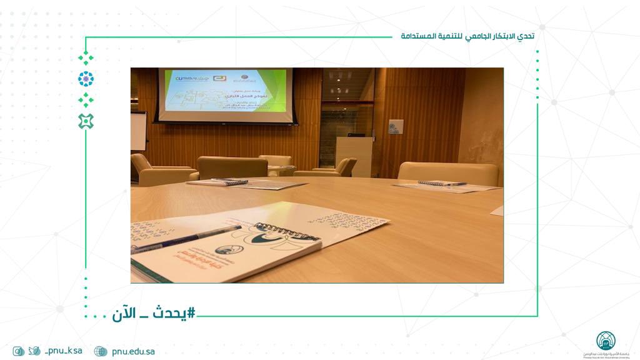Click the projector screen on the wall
[x=226, y=91]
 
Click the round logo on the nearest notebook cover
[x=226, y=249]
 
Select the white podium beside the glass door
[x=354, y=156]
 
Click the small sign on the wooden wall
[x=396, y=127]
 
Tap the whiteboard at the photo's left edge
[x=138, y=131]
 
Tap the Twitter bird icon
[x=34, y=351]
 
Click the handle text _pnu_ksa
[x=63, y=351]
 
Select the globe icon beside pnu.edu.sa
[x=101, y=351]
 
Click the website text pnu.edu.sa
[x=133, y=351]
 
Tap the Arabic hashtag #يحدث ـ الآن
[x=154, y=313]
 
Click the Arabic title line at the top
[x=467, y=36]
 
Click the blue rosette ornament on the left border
[x=86, y=79]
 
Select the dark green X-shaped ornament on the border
[x=86, y=121]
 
